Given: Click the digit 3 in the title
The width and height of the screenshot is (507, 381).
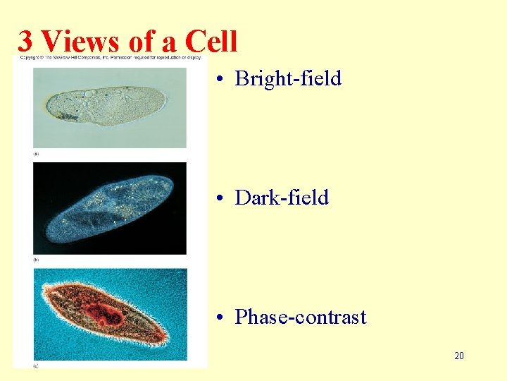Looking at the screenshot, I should click(25, 42).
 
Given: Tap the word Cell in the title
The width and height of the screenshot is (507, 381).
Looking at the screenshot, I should click(211, 42).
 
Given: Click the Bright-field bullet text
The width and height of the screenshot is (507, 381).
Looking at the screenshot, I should click(288, 78).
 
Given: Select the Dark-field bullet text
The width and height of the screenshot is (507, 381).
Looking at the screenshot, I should click(282, 198).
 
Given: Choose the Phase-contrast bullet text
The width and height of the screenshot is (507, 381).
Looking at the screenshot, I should click(301, 317).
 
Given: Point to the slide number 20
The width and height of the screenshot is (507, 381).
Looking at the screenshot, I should click(458, 356).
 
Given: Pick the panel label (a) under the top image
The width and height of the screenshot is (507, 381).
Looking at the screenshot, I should click(36, 153).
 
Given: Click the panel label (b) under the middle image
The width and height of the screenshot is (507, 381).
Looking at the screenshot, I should click(36, 259).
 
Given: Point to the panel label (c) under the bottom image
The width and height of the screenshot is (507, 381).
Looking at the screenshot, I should click(36, 365).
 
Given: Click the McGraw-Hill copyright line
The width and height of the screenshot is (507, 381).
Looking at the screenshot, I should click(109, 56).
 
